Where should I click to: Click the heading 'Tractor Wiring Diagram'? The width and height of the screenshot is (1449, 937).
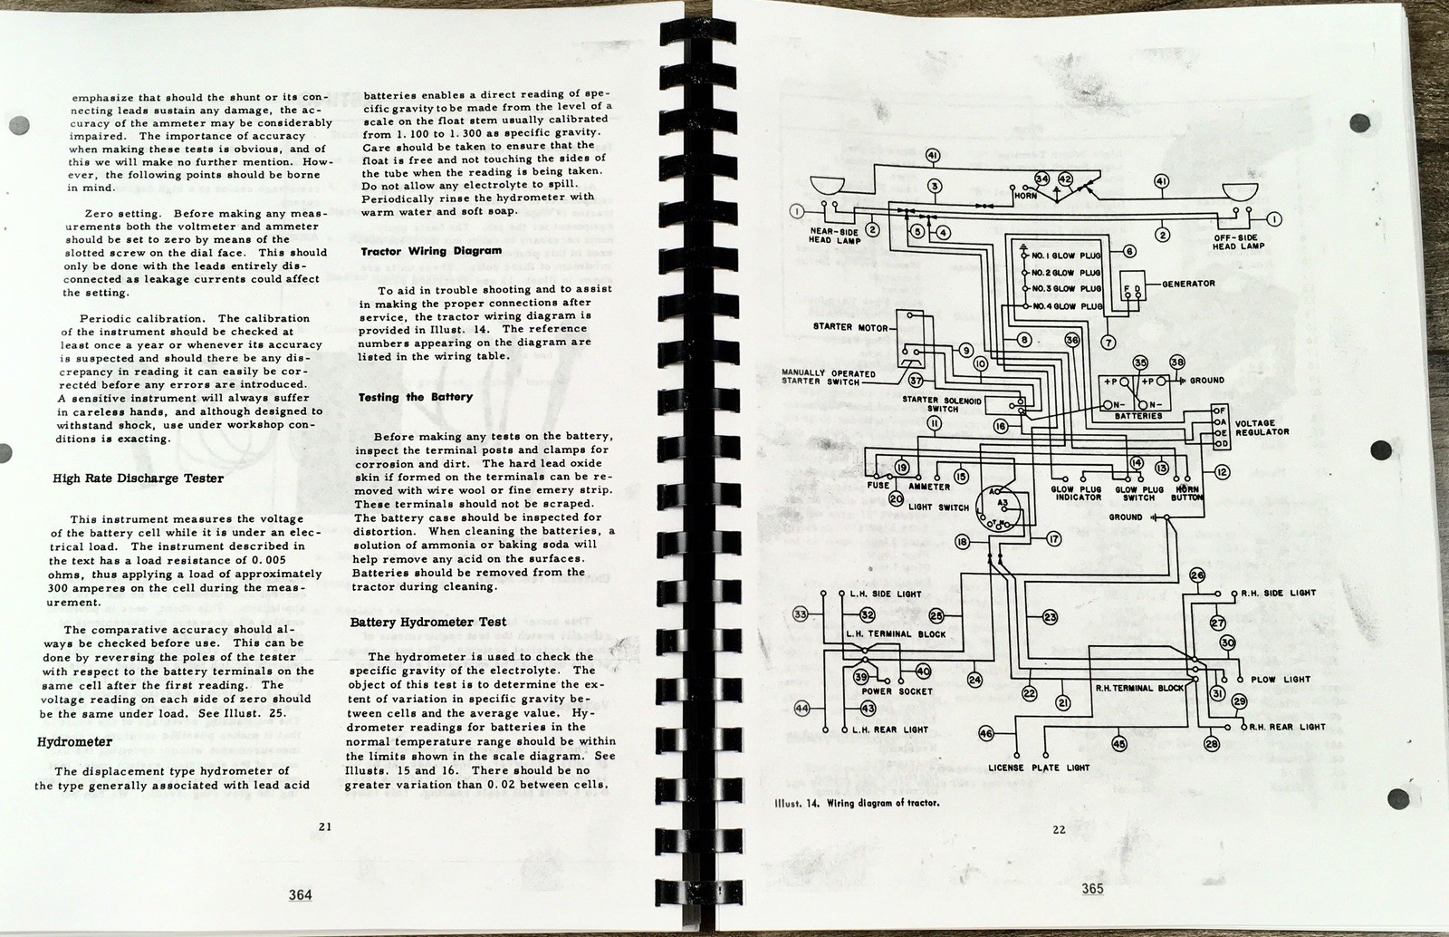pos(431,251)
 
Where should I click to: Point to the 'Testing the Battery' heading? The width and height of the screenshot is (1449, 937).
pos(415,397)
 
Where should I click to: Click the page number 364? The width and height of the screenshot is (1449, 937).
pos(300,894)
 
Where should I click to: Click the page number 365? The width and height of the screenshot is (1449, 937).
pos(1092,889)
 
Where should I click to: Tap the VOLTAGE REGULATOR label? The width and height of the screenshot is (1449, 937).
pos(1262,428)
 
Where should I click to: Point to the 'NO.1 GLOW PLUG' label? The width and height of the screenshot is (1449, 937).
pos(1066,256)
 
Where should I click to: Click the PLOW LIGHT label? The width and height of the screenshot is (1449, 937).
pos(1281,680)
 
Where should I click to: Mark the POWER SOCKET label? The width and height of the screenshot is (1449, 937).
pos(897,691)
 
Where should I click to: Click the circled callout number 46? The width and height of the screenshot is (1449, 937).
pos(986,733)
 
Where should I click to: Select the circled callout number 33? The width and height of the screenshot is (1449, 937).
pos(800,614)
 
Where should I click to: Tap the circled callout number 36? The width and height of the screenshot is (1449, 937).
pos(1072,340)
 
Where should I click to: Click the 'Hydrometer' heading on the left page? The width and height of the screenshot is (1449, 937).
pos(74,742)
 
